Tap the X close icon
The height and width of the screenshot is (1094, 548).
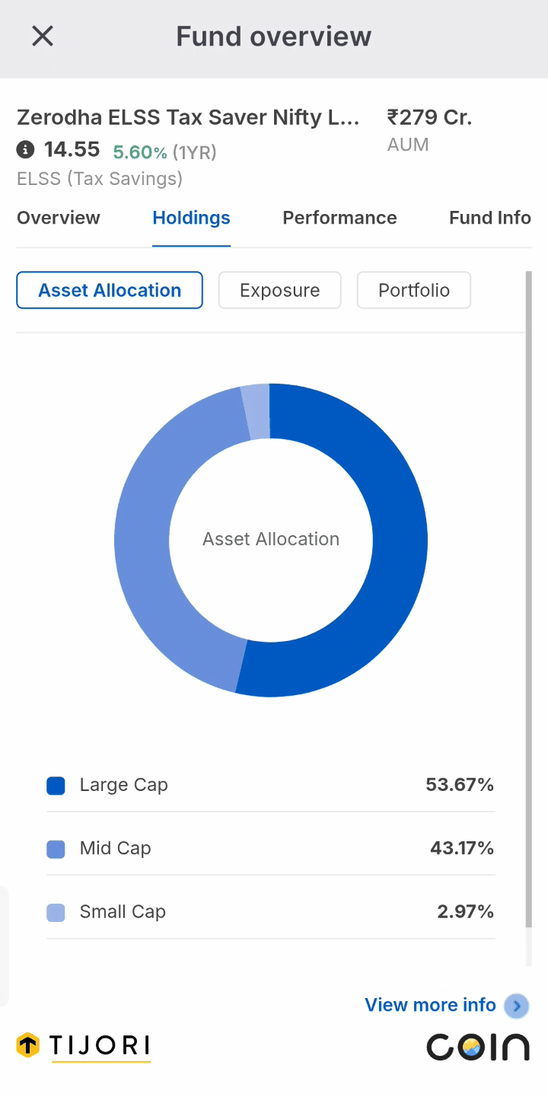click(x=43, y=36)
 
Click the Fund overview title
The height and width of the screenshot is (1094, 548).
click(x=273, y=37)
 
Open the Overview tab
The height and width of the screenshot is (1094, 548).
click(x=58, y=218)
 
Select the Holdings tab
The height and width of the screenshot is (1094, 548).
click(x=191, y=218)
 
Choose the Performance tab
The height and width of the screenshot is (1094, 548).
click(x=339, y=218)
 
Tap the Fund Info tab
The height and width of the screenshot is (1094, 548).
click(x=490, y=218)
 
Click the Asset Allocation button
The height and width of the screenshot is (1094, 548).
click(x=110, y=290)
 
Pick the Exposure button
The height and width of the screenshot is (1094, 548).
click(x=279, y=290)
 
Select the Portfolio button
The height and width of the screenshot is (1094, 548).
click(x=414, y=290)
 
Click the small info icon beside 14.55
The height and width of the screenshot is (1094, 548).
click(x=25, y=149)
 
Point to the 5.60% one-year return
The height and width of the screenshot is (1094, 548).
click(x=140, y=152)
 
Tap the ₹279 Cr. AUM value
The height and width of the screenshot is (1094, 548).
click(x=429, y=118)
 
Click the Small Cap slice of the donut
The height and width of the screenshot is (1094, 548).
click(x=256, y=412)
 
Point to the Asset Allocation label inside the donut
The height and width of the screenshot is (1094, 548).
click(x=271, y=539)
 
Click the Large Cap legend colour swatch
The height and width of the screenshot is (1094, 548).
click(x=56, y=786)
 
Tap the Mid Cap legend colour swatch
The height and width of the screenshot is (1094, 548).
click(x=56, y=850)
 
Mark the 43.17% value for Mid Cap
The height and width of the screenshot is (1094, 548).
click(x=462, y=848)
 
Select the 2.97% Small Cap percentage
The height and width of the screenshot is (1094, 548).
click(x=466, y=912)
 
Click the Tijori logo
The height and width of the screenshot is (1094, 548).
click(x=83, y=1047)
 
